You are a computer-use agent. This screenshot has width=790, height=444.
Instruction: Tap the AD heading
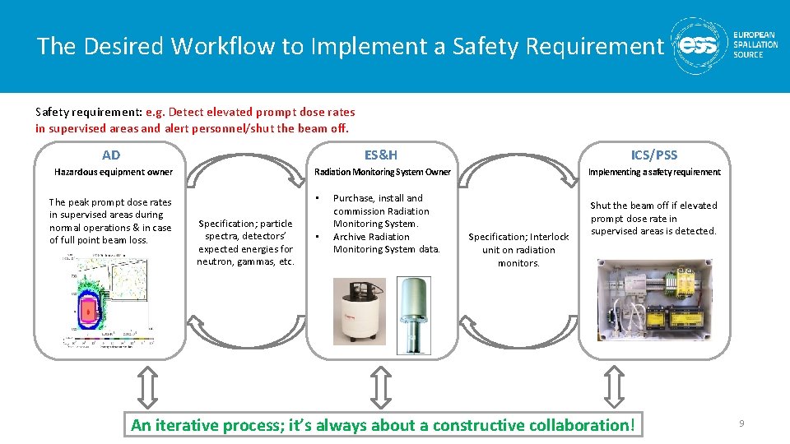pyautogui.click(x=111, y=155)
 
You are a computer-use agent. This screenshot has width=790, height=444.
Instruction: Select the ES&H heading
pyautogui.click(x=381, y=154)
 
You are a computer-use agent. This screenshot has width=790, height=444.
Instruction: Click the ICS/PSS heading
pyautogui.click(x=654, y=155)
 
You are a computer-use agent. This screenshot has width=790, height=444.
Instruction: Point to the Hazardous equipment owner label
pyautogui.click(x=114, y=172)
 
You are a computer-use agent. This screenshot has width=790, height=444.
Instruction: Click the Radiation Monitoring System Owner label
pyautogui.click(x=383, y=172)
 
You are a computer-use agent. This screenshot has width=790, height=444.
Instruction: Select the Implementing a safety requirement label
pyautogui.click(x=654, y=172)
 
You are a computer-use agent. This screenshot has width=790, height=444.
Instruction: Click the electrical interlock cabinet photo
pyautogui.click(x=654, y=300)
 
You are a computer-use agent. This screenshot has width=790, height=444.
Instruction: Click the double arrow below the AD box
pyautogui.click(x=145, y=386)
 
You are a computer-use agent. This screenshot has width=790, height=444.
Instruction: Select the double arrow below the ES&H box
pyautogui.click(x=379, y=386)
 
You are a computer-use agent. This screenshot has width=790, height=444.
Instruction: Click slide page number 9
pyautogui.click(x=741, y=423)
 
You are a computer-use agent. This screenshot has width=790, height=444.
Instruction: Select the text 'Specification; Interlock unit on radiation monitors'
pyautogui.click(x=518, y=250)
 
